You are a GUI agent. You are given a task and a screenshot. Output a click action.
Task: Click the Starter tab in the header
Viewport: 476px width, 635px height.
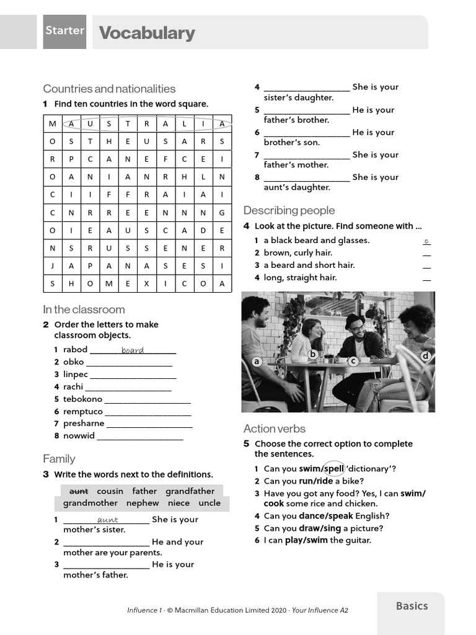pyautogui.click(x=64, y=31)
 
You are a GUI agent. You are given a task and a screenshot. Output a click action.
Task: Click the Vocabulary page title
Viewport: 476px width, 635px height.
pyautogui.click(x=147, y=33)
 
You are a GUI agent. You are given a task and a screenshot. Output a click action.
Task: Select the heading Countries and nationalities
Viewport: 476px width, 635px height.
pyautogui.click(x=109, y=89)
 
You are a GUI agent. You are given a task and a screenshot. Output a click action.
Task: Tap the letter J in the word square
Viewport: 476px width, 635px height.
pyautogui.click(x=53, y=266)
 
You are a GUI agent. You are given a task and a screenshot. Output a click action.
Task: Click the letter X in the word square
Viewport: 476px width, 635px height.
pyautogui.click(x=146, y=284)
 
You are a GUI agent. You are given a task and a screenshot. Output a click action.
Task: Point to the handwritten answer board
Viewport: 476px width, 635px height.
pyautogui.click(x=133, y=350)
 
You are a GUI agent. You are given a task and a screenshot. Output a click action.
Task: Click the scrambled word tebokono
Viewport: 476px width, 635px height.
pyautogui.click(x=82, y=399)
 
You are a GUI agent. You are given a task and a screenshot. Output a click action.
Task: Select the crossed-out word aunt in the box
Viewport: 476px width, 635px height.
pyautogui.click(x=79, y=491)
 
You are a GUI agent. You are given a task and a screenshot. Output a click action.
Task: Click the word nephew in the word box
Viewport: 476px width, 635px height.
pyautogui.click(x=143, y=503)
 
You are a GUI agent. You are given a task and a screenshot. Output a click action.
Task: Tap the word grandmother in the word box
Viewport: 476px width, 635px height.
pyautogui.click(x=90, y=503)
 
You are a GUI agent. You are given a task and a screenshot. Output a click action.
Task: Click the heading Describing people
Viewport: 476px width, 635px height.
pyautogui.click(x=289, y=210)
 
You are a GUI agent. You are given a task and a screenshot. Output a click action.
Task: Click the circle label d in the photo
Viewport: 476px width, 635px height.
pyautogui.click(x=425, y=356)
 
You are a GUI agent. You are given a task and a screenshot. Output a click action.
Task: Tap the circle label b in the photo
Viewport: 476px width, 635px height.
pyautogui.click(x=313, y=355)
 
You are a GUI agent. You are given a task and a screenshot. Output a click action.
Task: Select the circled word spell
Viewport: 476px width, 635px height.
pyautogui.click(x=334, y=469)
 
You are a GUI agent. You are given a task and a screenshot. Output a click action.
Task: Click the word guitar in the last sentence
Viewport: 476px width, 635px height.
pyautogui.click(x=359, y=540)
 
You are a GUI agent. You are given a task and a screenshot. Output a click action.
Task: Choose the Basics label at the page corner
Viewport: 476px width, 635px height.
pyautogui.click(x=412, y=606)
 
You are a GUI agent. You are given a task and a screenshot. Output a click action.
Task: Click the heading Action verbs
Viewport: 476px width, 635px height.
pyautogui.click(x=274, y=429)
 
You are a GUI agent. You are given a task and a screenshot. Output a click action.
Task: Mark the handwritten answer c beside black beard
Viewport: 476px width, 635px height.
pyautogui.click(x=426, y=241)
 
